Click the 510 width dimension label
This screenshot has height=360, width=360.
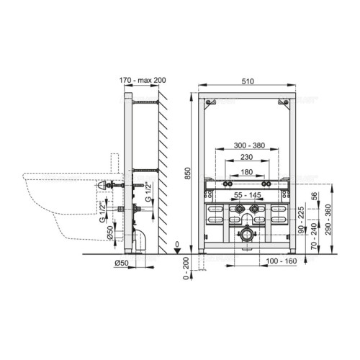[248, 81]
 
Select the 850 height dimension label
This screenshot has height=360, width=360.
[189, 173]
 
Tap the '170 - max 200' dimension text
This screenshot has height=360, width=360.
[143, 80]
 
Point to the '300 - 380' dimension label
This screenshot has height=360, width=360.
[249, 145]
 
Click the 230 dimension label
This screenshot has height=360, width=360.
[246, 157]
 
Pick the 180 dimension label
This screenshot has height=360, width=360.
[246, 172]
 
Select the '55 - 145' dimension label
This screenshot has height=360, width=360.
[248, 195]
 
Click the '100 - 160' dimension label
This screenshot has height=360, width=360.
[282, 261]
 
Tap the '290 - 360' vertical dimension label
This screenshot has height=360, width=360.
[328, 220]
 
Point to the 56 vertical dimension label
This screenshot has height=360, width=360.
[314, 197]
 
